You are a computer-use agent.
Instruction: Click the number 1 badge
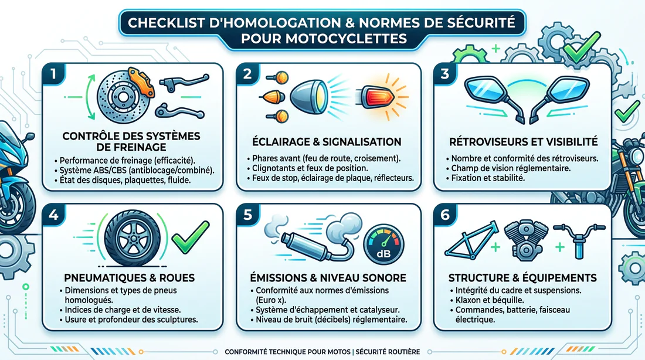click(x=53, y=74)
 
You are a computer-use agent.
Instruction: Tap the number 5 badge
click(x=247, y=215)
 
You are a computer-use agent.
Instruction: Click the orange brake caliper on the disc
click(x=141, y=81)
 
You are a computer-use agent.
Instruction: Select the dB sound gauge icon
click(x=383, y=244)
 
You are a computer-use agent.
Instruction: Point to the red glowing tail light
click(x=378, y=97)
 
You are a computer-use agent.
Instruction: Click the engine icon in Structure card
click(x=525, y=241)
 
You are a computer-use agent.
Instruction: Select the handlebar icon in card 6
click(x=579, y=239)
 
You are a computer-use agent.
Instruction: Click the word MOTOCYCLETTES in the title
click(x=324, y=39)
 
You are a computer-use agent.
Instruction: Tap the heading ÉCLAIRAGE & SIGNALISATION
click(x=327, y=142)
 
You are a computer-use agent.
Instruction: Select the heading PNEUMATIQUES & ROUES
click(x=129, y=278)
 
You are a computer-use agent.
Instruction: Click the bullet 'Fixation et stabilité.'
click(x=487, y=178)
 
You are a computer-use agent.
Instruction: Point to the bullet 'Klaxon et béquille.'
click(x=487, y=300)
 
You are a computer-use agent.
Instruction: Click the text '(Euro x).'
click(x=271, y=300)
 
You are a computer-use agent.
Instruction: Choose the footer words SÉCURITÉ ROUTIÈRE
click(x=388, y=352)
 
